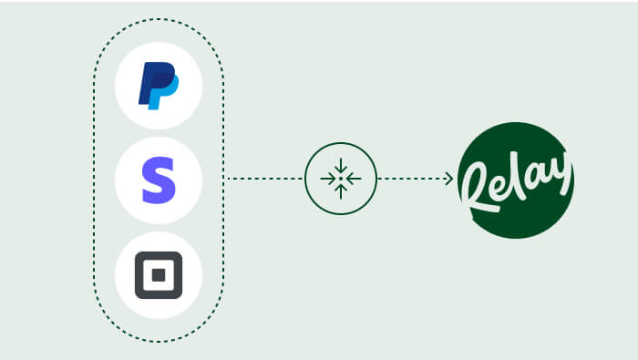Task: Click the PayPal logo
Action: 159,86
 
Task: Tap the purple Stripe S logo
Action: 159,180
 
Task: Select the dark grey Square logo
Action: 159,275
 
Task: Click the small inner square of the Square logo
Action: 159,275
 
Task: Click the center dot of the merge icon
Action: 341,179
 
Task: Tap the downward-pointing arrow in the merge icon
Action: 341,166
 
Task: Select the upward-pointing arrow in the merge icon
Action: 341,191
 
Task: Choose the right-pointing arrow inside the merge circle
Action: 328,179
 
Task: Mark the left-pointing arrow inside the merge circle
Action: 354,179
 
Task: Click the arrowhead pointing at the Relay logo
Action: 449,179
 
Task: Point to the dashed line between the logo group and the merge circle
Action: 265,179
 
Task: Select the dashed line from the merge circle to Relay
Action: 415,179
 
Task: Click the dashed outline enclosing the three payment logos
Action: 94,180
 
